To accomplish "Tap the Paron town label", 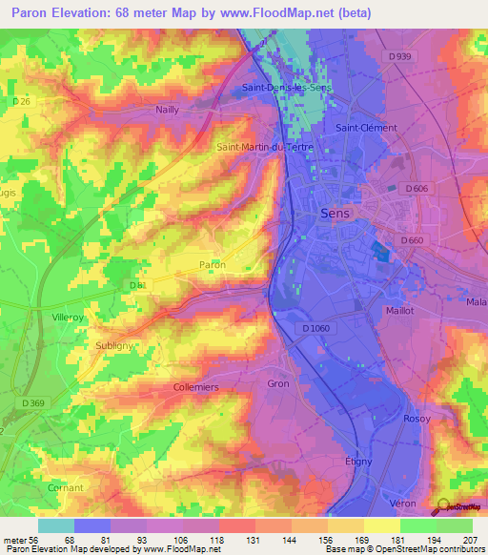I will pos(212,264).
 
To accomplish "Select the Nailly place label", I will pos(168,110).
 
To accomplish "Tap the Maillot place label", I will pos(401,310).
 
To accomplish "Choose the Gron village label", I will pos(278,383).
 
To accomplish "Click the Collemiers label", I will pos(196,387).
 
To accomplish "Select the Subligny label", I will pos(114,348).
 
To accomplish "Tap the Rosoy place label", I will pos(417,419).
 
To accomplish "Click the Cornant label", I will pos(65,487).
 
